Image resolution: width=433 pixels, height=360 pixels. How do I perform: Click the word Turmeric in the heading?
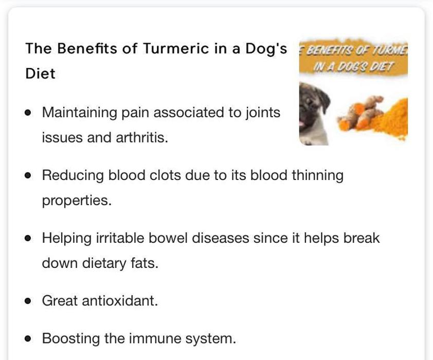(176, 48)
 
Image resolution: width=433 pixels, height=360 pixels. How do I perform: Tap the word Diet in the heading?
(40, 74)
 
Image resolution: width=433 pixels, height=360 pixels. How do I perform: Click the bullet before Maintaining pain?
(28, 113)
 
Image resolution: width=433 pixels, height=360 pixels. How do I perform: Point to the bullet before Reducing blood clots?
(28, 175)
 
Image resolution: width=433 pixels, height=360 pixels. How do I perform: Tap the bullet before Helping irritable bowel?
(28, 238)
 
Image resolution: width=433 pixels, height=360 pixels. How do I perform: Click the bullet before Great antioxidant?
(28, 301)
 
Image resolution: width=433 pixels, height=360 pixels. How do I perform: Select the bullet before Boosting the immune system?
(28, 338)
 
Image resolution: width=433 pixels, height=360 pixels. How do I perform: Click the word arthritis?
(142, 137)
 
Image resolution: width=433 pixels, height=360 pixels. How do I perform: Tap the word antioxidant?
(120, 301)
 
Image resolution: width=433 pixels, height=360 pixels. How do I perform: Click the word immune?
(154, 338)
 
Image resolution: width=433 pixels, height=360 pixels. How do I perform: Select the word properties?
(77, 201)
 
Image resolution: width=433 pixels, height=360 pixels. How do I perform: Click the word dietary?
(104, 263)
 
